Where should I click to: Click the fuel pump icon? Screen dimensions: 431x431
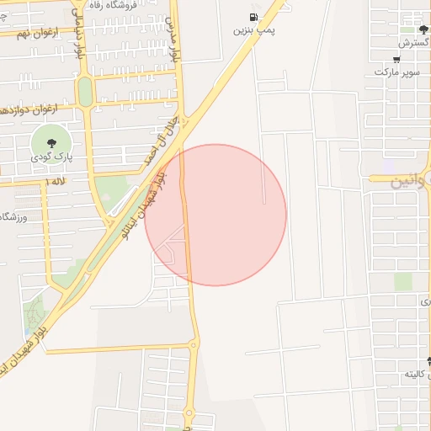coord(253,17)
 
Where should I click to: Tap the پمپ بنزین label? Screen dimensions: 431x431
coord(255,29)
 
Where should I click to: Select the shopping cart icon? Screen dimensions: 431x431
coord(396,60)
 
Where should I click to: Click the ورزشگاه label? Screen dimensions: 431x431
coord(17,217)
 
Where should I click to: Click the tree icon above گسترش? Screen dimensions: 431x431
coord(423,29)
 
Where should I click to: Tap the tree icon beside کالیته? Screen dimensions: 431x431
coord(429,362)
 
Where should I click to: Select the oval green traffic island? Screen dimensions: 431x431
coord(85,91)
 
